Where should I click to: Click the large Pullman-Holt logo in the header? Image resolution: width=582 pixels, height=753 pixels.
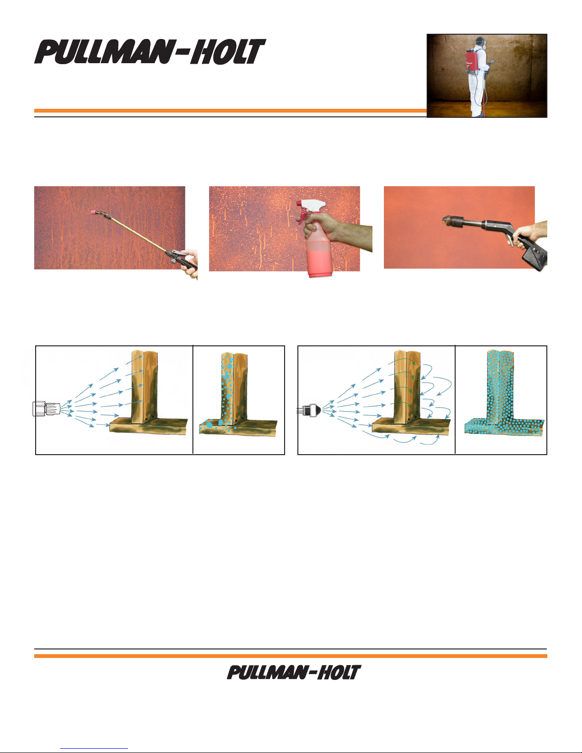pyautogui.click(x=150, y=51)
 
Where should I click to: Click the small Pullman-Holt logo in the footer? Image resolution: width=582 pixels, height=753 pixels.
pyautogui.click(x=294, y=672)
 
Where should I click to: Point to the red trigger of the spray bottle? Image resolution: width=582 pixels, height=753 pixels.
pyautogui.click(x=302, y=217)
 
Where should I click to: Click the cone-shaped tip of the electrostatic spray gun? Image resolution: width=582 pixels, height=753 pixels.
pyautogui.click(x=448, y=220)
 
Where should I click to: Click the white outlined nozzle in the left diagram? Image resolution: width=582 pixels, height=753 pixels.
pyautogui.click(x=46, y=409)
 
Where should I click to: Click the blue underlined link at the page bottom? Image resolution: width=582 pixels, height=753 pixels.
pyautogui.click(x=94, y=749)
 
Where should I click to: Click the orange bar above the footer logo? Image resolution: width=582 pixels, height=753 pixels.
pyautogui.click(x=291, y=656)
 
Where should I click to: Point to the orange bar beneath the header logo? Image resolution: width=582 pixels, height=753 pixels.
pyautogui.click(x=230, y=111)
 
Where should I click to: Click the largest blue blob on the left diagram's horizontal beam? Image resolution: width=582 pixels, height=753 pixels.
pyautogui.click(x=209, y=424)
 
